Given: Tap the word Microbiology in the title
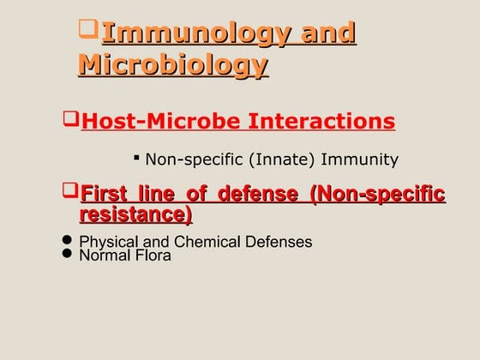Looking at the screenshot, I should (172, 65).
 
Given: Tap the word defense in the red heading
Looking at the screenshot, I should (263, 194).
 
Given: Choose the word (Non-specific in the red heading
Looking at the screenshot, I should (379, 194).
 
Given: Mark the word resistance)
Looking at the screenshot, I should (136, 213).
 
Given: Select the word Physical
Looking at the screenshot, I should (106, 242).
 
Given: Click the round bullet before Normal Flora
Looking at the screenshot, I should (68, 254).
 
